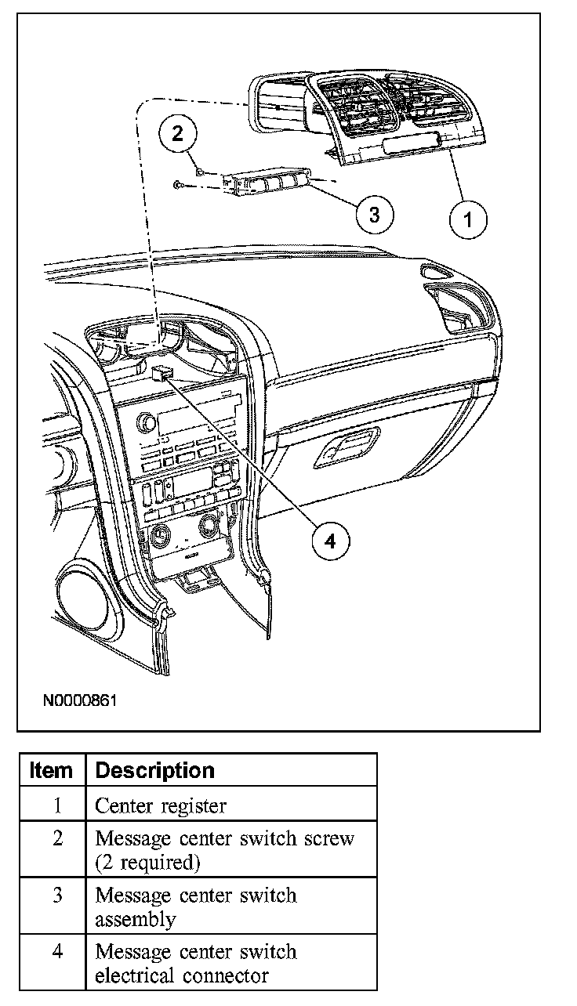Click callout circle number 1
[x=468, y=218]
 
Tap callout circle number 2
[x=178, y=133]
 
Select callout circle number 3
[x=374, y=214]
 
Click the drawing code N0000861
[x=80, y=699]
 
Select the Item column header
[x=51, y=771]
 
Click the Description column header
[x=154, y=771]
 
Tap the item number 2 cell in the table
[x=57, y=838]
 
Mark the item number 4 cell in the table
[x=57, y=952]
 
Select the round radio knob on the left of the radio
[x=145, y=424]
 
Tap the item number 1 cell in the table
[x=57, y=805]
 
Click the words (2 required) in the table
[x=147, y=862]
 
